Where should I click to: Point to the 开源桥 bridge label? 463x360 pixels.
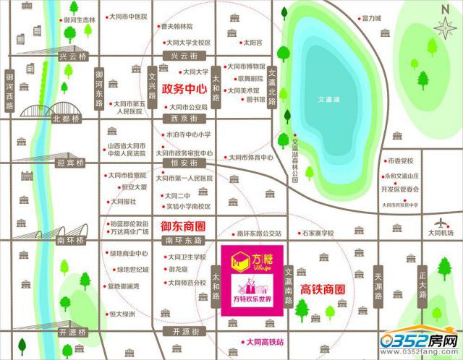72,332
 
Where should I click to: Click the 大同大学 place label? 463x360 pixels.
195,72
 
